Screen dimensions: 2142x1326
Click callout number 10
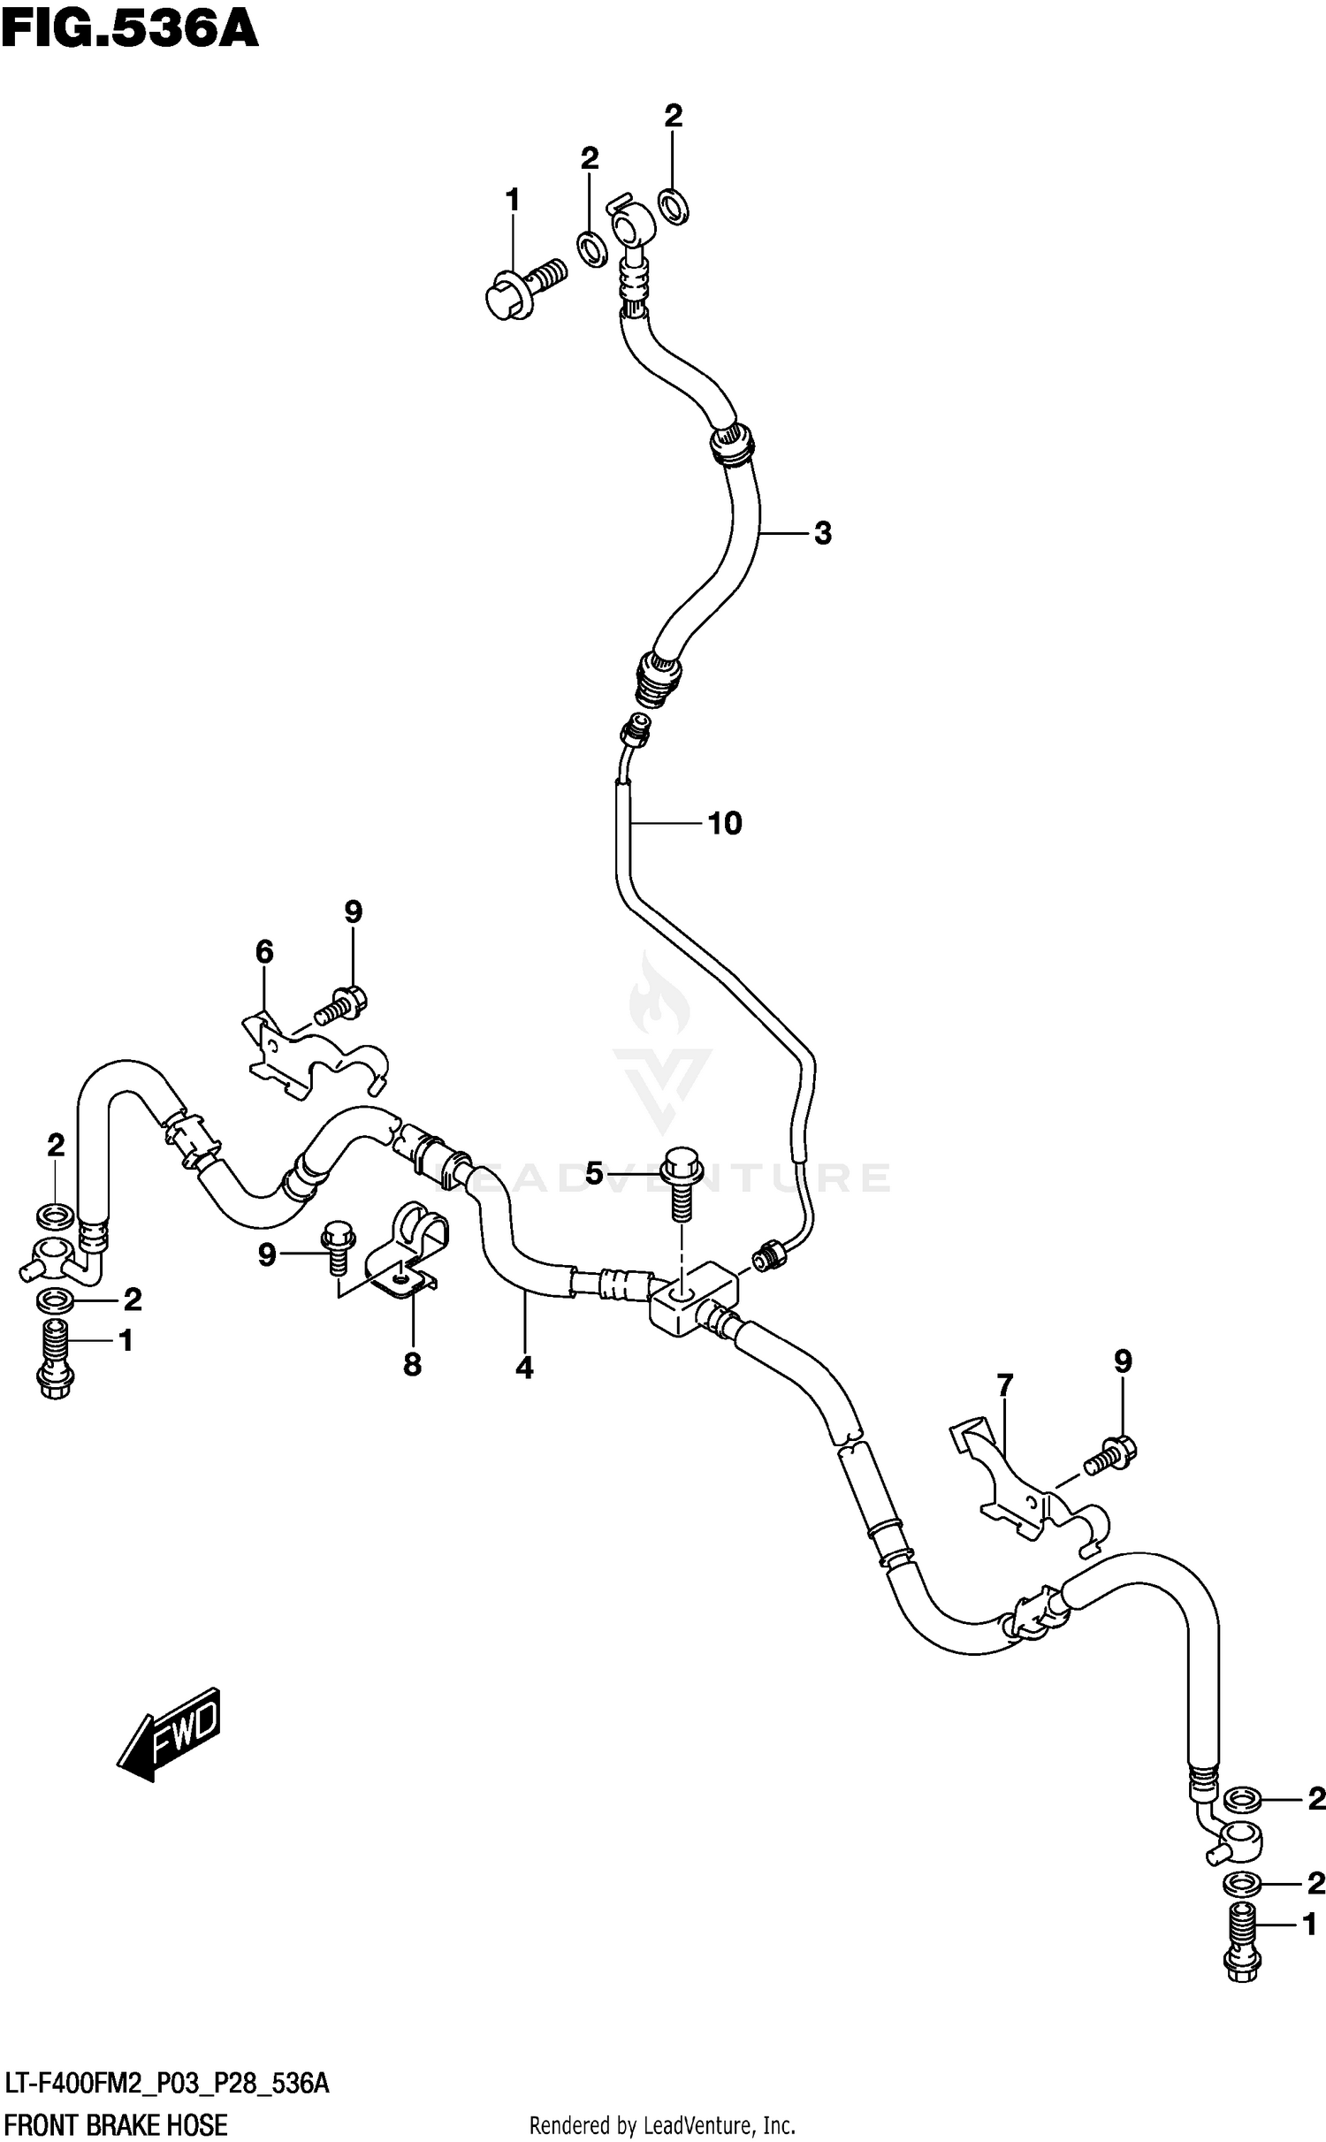pyautogui.click(x=724, y=824)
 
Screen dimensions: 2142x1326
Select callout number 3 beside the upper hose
pyautogui.click(x=822, y=533)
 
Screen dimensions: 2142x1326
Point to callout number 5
pyautogui.click(x=593, y=1174)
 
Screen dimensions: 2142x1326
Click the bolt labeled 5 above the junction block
pyautogui.click(x=681, y=1182)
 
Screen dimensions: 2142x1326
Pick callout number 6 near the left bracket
pyautogui.click(x=264, y=952)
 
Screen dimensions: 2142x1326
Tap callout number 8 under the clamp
pyautogui.click(x=412, y=1365)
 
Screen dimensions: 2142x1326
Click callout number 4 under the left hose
pyautogui.click(x=524, y=1368)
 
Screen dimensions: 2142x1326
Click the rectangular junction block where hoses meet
pyautogui.click(x=695, y=1299)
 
